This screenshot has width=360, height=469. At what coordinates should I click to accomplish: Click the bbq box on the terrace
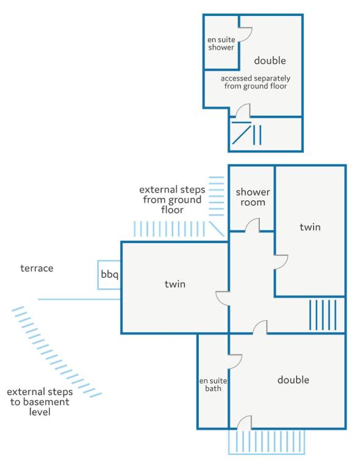tap(109, 275)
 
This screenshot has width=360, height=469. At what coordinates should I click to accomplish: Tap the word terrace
tap(37, 268)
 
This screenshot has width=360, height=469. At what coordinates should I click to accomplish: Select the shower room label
tap(253, 197)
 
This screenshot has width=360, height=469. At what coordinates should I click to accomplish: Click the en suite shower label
tap(221, 43)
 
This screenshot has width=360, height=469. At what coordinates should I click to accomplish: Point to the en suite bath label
tap(213, 384)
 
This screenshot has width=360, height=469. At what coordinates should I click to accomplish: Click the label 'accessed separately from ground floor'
tap(256, 82)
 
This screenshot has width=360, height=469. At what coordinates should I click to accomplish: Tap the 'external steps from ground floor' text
tap(172, 200)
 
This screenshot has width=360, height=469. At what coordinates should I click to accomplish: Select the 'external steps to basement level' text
tap(40, 402)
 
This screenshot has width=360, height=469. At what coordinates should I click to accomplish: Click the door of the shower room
tap(253, 225)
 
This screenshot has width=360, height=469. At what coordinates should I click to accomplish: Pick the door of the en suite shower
tap(245, 34)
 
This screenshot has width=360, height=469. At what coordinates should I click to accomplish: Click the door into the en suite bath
tap(235, 362)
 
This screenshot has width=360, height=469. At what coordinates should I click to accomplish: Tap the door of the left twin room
tap(223, 298)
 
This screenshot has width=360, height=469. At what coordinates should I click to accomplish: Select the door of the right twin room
tap(281, 263)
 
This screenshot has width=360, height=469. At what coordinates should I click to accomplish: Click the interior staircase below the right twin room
tap(323, 315)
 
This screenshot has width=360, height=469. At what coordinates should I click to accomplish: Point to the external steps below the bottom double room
tap(267, 442)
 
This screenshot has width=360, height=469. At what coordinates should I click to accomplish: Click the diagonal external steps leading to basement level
tap(57, 352)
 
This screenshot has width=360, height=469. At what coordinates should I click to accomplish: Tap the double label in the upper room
tap(270, 60)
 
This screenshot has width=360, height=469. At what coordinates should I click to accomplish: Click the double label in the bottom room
tap(293, 380)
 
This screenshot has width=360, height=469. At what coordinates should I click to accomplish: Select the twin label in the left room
tap(175, 284)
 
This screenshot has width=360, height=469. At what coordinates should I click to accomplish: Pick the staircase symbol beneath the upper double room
tap(247, 133)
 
